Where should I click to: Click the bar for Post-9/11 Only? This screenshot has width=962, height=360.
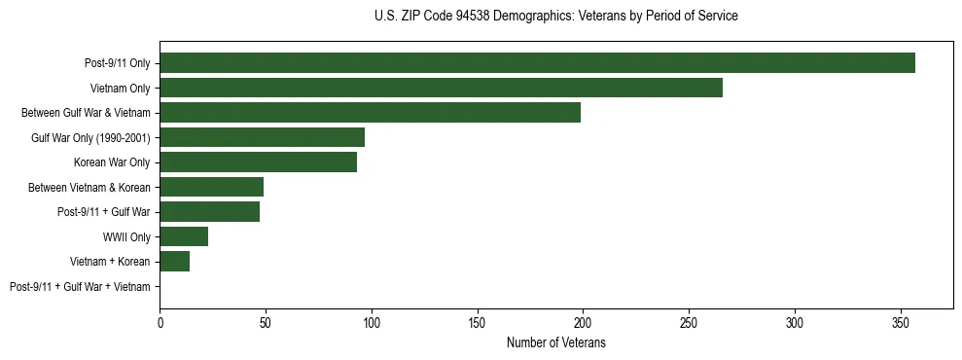(537, 63)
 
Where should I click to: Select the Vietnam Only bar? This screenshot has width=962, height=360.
(441, 88)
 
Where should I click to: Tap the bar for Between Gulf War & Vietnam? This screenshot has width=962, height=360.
(370, 113)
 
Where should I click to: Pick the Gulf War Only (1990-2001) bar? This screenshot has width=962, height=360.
(262, 137)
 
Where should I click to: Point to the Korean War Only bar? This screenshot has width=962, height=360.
(258, 162)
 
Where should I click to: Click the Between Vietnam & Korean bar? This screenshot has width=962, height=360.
(211, 187)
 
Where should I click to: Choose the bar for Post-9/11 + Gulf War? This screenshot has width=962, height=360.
(209, 212)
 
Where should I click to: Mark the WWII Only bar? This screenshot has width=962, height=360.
(184, 236)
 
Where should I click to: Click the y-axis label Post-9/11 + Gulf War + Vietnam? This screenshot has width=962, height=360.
(80, 287)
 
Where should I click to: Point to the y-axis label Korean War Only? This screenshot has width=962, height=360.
(112, 162)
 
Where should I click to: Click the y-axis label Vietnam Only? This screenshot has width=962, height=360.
(120, 89)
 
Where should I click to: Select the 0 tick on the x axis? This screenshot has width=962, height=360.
(160, 321)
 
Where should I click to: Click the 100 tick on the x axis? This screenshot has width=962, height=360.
(371, 321)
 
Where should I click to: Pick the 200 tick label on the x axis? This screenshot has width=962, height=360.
(583, 321)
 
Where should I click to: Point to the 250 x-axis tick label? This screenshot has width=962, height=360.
(689, 321)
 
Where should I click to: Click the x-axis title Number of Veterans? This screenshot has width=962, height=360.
(555, 342)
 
